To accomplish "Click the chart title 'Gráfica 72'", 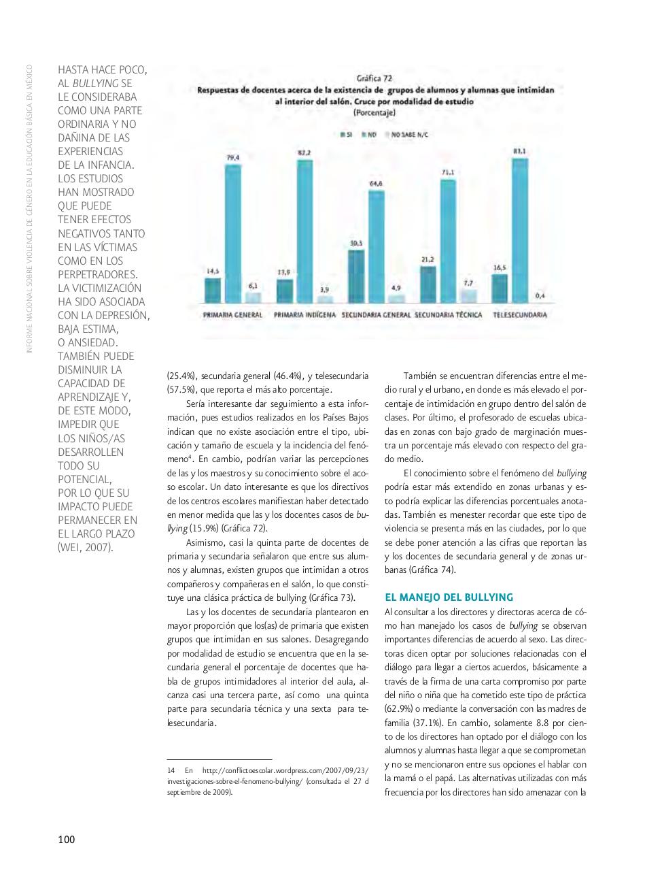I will [x=374, y=78].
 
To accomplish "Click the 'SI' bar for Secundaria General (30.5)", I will [x=356, y=276].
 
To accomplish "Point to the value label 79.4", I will [x=232, y=157].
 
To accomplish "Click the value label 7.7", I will [x=468, y=282].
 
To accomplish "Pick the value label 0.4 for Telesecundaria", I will [x=540, y=295].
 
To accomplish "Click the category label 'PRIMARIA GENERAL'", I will [x=233, y=316].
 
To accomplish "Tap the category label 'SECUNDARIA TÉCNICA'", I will [x=448, y=316].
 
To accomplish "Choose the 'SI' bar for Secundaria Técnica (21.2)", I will [x=428, y=284].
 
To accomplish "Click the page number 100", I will [x=67, y=840].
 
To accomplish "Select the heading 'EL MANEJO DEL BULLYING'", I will [x=449, y=597].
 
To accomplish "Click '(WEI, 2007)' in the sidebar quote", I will [x=86, y=548].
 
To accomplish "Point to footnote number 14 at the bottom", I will [x=171, y=770].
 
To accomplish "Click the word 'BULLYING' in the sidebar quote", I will [x=96, y=83].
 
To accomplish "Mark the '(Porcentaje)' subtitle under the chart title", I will [x=374, y=112].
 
